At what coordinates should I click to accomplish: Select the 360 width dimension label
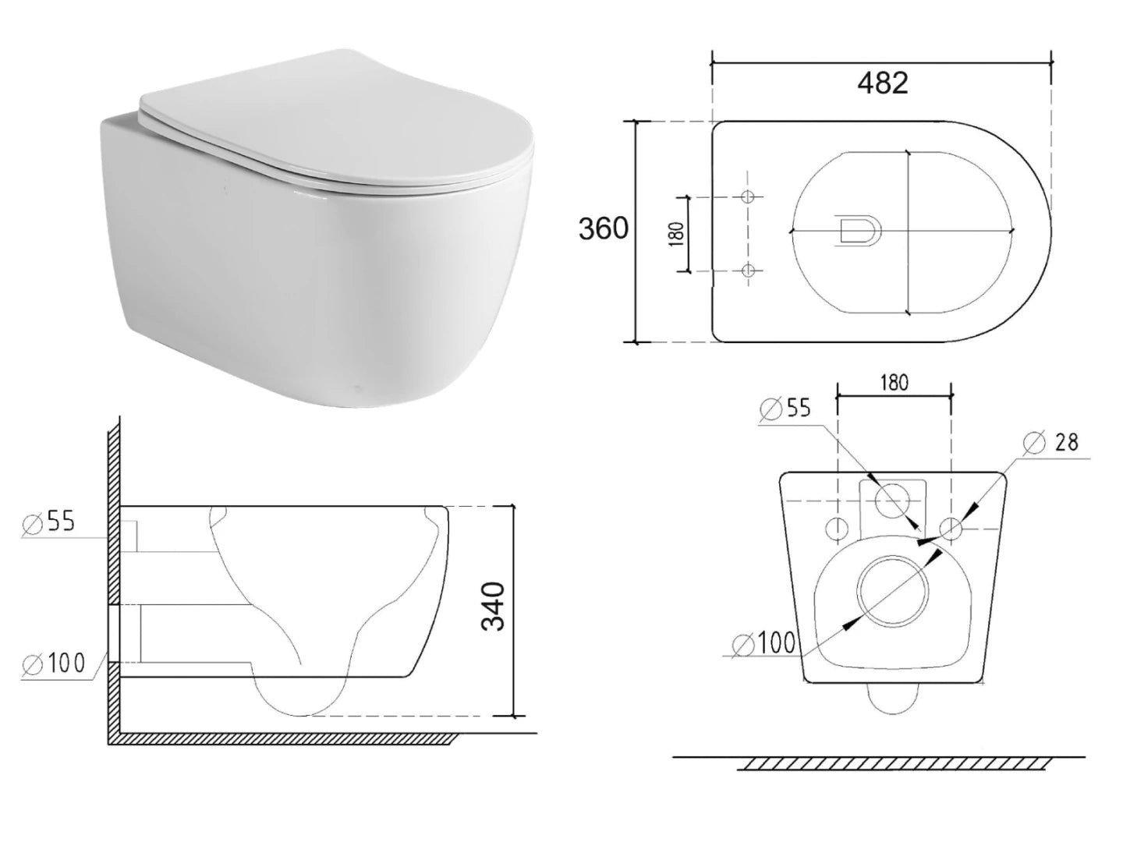click(603, 228)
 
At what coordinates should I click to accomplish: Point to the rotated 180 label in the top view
click(676, 233)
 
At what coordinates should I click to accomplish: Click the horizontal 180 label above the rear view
click(894, 383)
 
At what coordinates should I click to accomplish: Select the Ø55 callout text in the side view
click(49, 522)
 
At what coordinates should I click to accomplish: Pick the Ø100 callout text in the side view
click(54, 664)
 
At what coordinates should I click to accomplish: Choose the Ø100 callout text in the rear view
click(764, 643)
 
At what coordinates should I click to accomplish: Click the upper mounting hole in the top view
click(748, 196)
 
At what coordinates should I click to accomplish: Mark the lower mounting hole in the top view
click(748, 271)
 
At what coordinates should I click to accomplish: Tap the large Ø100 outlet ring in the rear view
click(894, 591)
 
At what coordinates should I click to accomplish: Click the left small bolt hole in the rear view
click(837, 529)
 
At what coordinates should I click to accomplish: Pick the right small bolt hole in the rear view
click(951, 529)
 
